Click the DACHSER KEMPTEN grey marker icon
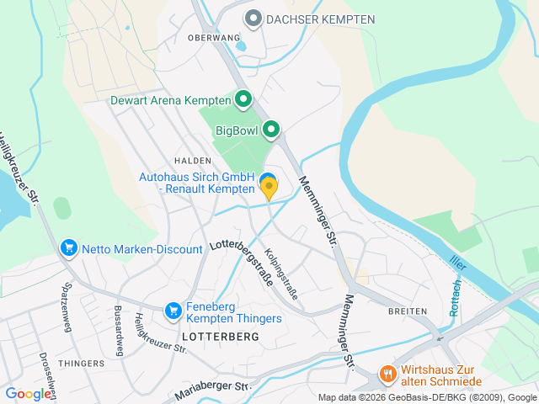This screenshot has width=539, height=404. click(x=253, y=18)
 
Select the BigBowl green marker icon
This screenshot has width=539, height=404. click(x=271, y=130)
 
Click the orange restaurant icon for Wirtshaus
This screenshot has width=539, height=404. click(x=387, y=372)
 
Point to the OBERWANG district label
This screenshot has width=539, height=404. click(x=208, y=38)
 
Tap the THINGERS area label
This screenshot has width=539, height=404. click(x=82, y=364)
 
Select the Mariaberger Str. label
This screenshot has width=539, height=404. click(x=213, y=391)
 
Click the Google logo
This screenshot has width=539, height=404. click(x=28, y=393)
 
